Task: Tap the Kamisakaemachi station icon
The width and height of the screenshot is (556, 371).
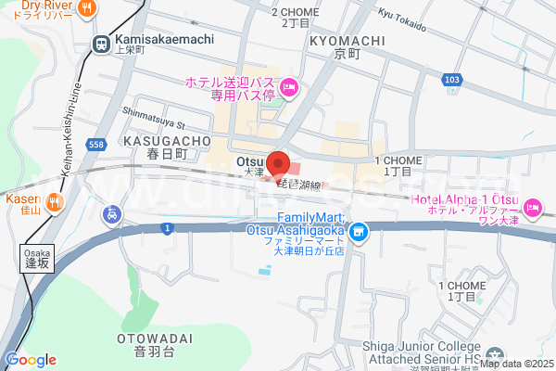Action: click(101, 41)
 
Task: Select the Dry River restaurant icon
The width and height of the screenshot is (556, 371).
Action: click(86, 8)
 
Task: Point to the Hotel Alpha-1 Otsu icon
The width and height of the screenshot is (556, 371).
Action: click(533, 206)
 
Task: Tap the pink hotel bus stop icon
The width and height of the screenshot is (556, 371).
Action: click(288, 88)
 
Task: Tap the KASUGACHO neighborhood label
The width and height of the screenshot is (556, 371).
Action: click(155, 141)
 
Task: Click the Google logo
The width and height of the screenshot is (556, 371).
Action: click(31, 360)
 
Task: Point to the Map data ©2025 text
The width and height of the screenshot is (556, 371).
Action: click(515, 364)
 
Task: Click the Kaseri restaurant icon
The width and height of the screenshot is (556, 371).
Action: click(55, 201)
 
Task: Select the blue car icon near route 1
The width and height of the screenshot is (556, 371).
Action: click(112, 215)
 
